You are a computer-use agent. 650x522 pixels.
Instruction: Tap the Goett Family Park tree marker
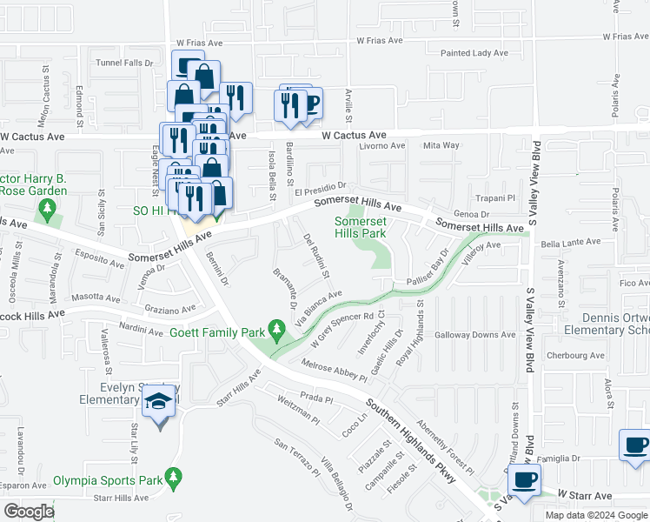(x=277, y=330)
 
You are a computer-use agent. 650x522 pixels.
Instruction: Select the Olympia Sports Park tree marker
(x=174, y=478)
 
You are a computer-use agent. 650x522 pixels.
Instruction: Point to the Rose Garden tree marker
(x=47, y=210)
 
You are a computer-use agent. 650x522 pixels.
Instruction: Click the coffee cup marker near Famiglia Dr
(x=635, y=445)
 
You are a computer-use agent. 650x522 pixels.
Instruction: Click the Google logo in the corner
(x=30, y=512)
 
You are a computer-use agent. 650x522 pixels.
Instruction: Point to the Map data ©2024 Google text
(x=596, y=515)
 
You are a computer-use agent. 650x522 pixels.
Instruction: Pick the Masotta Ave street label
(x=96, y=298)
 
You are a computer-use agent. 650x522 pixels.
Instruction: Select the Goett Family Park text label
(x=217, y=332)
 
